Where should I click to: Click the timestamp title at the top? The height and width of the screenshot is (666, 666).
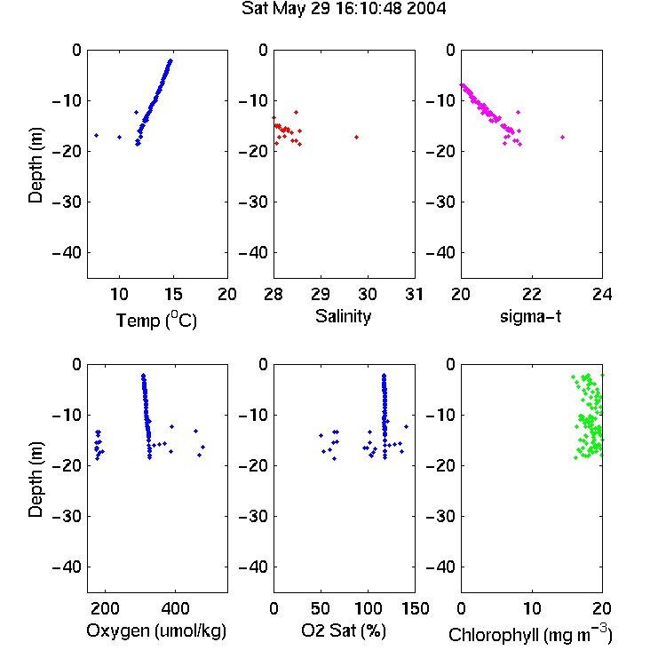tap(344, 9)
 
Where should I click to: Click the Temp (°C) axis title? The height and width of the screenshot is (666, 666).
tap(156, 320)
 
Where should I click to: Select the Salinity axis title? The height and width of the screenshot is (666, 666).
tap(343, 316)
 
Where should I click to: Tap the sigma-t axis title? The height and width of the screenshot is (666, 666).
tap(530, 316)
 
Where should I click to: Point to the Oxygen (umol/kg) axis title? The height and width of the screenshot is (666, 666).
tap(156, 631)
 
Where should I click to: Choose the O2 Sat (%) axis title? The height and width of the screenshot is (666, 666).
tap(344, 631)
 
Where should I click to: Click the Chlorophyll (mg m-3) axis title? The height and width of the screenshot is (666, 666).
tap(530, 634)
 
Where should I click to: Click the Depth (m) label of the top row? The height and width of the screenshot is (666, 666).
tap(36, 165)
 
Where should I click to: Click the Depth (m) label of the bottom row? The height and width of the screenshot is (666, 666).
tap(36, 480)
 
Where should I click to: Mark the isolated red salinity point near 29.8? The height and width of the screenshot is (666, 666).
tap(356, 137)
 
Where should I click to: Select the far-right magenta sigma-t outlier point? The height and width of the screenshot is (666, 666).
tap(562, 137)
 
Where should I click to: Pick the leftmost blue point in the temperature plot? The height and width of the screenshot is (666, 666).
tap(97, 136)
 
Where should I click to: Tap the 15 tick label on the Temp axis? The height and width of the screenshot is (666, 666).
tap(173, 294)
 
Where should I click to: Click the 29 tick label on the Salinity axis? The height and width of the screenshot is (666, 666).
tap(321, 294)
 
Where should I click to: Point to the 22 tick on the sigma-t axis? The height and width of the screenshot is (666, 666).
tap(532, 294)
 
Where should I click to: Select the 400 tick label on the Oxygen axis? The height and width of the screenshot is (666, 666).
tap(176, 608)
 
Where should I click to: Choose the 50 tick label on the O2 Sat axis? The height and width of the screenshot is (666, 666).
tap(321, 608)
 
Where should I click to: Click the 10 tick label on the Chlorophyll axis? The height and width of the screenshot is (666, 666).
tap(532, 608)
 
